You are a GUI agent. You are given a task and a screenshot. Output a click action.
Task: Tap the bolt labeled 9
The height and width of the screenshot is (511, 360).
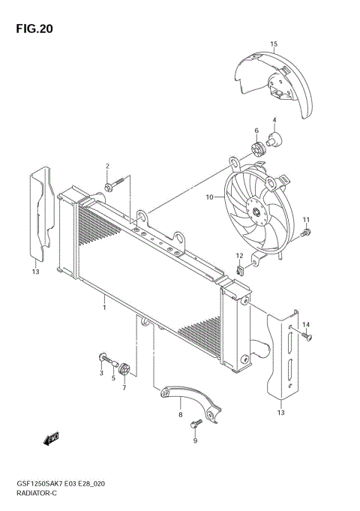pyautogui.click(x=196, y=425)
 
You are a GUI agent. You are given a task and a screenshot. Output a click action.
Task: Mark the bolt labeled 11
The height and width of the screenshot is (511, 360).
pyautogui.click(x=304, y=235)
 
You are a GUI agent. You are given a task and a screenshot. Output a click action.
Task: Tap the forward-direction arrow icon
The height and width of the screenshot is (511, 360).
pyautogui.click(x=52, y=438)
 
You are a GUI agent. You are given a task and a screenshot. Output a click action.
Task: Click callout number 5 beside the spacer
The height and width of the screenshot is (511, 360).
pyautogui.click(x=113, y=378)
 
